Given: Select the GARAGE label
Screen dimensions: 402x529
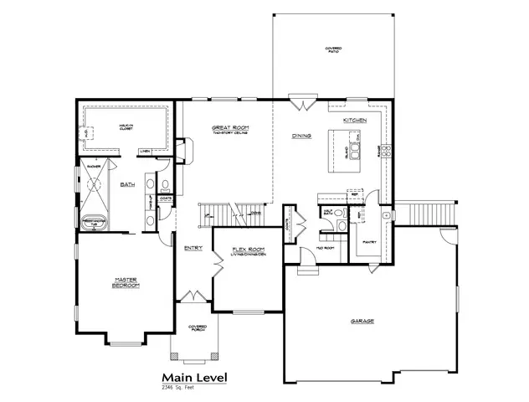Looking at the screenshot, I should pyautogui.click(x=362, y=321).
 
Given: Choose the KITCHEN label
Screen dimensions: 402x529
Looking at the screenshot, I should pyautogui.click(x=355, y=121).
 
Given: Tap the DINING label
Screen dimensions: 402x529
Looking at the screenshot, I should pyautogui.click(x=301, y=136).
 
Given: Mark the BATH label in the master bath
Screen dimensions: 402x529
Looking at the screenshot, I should pyautogui.click(x=128, y=183).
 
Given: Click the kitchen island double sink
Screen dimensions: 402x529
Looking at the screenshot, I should pyautogui.click(x=354, y=151).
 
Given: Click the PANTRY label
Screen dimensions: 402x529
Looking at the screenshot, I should pyautogui.click(x=369, y=242).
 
